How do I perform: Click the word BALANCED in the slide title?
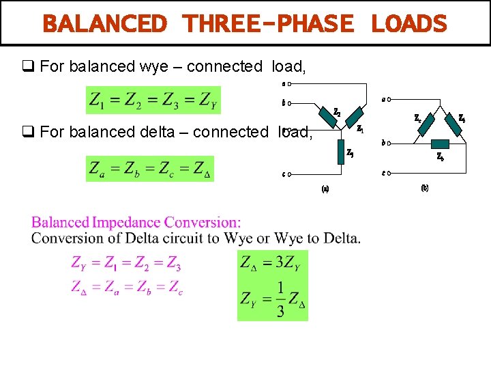[x=104, y=25]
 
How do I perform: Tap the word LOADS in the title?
[x=408, y=25]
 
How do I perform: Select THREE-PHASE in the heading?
[x=269, y=25]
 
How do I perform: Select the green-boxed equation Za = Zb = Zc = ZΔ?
[x=149, y=168]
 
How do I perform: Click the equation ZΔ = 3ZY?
[x=273, y=262]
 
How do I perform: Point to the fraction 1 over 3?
[x=280, y=299]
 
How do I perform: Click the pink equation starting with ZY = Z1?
[x=126, y=263]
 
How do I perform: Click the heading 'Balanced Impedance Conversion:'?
[x=136, y=223]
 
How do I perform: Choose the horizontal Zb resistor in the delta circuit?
[x=441, y=143]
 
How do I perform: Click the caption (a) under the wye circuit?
[x=325, y=189]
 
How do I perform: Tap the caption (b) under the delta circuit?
[x=424, y=187]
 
